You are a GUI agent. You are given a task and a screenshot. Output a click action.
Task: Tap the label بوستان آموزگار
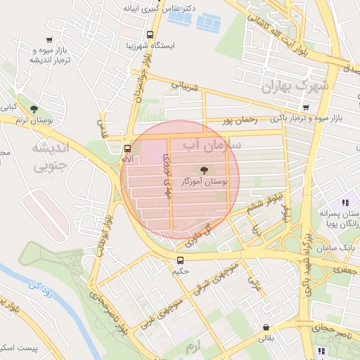[x=205, y=182]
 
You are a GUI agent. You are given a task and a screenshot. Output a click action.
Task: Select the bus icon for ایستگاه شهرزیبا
[x=150, y=34]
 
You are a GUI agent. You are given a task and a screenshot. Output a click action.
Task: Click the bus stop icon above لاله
[x=127, y=149]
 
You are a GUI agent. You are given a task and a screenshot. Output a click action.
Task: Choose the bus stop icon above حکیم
[x=181, y=260]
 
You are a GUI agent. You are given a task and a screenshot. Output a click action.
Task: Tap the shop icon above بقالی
[x=266, y=327]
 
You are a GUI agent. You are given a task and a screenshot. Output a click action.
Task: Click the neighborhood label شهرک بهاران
[x=295, y=86]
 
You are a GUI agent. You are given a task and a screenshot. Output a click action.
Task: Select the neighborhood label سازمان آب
[x=212, y=145]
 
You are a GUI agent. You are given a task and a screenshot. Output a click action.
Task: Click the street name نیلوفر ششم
[x=267, y=200]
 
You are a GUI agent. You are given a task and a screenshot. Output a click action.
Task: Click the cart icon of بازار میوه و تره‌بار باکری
[x=305, y=108]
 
